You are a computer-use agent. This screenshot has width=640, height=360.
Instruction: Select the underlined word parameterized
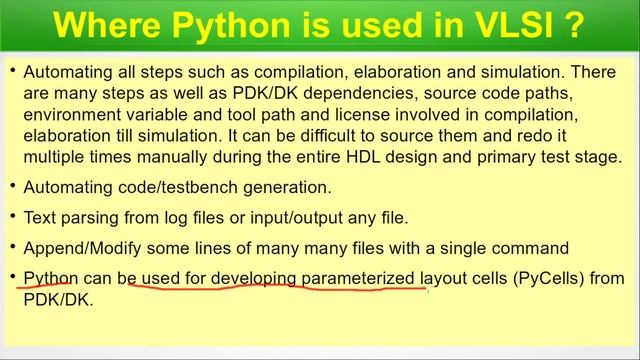pos(358,278)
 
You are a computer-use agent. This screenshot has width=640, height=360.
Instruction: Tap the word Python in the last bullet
pos(50,278)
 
